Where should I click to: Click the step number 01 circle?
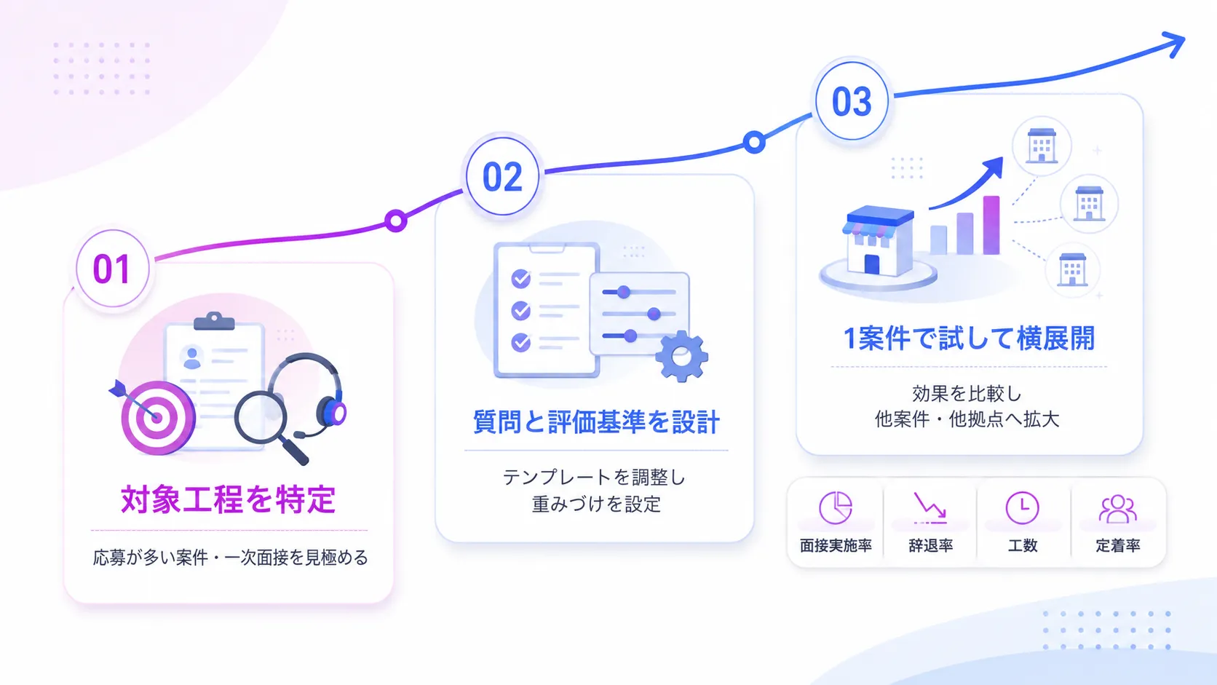[113, 269]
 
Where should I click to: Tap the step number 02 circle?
[502, 177]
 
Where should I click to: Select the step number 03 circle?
[852, 101]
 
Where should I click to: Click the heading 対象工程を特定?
[229, 499]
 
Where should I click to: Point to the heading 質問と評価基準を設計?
[597, 422]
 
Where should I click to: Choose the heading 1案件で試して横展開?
[969, 338]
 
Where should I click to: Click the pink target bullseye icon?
[157, 417]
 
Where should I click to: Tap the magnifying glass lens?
[261, 417]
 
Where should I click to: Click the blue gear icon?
[681, 357]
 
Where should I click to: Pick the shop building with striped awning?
[879, 241]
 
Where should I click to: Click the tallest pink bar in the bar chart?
[991, 225]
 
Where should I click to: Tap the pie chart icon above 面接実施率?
[836, 507]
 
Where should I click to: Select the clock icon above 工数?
[1023, 508]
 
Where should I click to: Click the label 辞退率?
[931, 545]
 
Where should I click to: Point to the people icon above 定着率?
[1117, 509]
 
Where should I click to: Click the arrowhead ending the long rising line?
[1175, 44]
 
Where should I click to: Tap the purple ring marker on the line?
[396, 221]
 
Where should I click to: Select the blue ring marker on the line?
[754, 143]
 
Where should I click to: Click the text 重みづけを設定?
[596, 504]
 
